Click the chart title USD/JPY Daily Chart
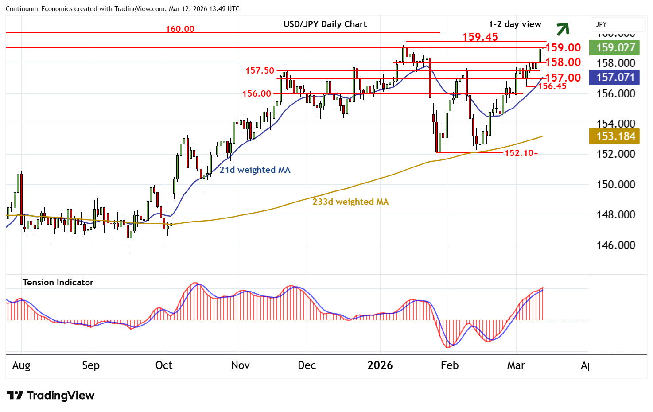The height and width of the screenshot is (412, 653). pyautogui.click(x=325, y=24)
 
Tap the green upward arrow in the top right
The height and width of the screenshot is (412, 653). pyautogui.click(x=563, y=29)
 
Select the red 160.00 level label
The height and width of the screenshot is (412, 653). pyautogui.click(x=180, y=29)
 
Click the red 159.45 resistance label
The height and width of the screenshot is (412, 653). pyautogui.click(x=480, y=37)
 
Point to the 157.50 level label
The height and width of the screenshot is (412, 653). pyautogui.click(x=260, y=70)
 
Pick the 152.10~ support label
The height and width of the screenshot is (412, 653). pyautogui.click(x=521, y=153)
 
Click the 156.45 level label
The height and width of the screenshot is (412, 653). pyautogui.click(x=552, y=86)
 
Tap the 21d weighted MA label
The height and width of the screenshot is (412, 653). pyautogui.click(x=255, y=170)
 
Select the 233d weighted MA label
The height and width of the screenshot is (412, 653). pyautogui.click(x=350, y=202)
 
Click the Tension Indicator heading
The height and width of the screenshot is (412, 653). pyautogui.click(x=58, y=283)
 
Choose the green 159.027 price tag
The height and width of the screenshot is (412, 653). pyautogui.click(x=615, y=47)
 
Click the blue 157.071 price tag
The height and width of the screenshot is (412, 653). pyautogui.click(x=615, y=78)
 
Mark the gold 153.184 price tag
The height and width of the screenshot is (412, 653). pyautogui.click(x=615, y=136)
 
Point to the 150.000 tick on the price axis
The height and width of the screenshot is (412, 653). pyautogui.click(x=615, y=184)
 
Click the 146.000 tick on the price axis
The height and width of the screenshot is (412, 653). pyautogui.click(x=615, y=245)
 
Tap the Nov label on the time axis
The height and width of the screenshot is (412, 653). pyautogui.click(x=240, y=365)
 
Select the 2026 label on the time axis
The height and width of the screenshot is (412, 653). pyautogui.click(x=380, y=365)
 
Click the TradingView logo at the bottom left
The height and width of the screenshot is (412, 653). pyautogui.click(x=51, y=396)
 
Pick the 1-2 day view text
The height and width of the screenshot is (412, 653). pyautogui.click(x=515, y=24)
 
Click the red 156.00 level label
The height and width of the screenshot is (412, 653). pyautogui.click(x=257, y=94)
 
